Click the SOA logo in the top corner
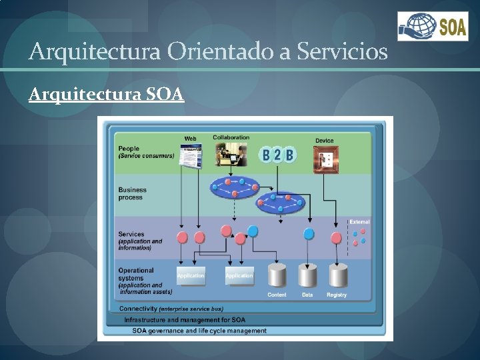point(433,27)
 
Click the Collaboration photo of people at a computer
point(231,155)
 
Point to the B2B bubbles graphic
point(278,155)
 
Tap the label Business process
point(132,193)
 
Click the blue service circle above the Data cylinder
point(309,234)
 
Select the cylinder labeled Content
point(277,275)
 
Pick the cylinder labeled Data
point(307,275)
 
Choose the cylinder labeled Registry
point(337,275)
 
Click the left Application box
point(191,275)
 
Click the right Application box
point(239,275)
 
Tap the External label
point(359,221)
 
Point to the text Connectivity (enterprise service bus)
point(171,309)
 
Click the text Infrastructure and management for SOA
point(185,320)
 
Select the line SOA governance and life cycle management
point(199,331)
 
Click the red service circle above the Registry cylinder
point(337,237)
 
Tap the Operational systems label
point(136,274)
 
